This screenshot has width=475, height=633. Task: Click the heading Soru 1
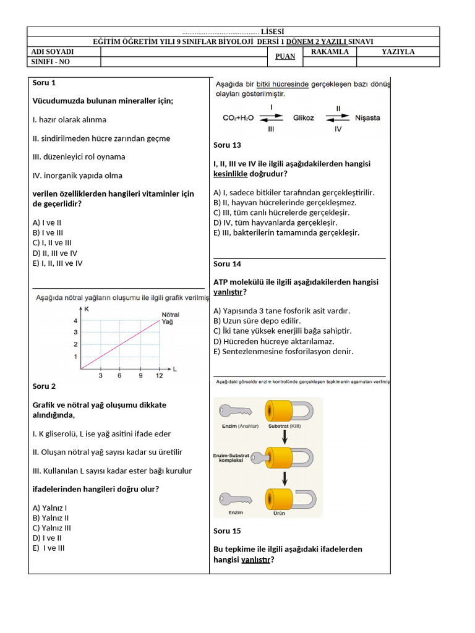(44, 82)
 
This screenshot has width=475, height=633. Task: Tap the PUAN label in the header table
(285, 57)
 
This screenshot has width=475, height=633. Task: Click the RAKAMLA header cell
(330, 52)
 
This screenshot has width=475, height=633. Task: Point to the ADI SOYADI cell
(53, 52)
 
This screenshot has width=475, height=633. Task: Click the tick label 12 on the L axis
(159, 375)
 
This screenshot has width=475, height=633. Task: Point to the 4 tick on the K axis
(75, 321)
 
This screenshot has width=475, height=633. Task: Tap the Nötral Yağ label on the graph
(170, 317)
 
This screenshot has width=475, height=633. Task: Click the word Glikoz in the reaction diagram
(304, 117)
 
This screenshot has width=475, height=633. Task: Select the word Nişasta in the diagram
(367, 117)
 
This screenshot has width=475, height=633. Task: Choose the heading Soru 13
(227, 145)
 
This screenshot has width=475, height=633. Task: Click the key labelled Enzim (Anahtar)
(235, 412)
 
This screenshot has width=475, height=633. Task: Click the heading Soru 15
(227, 531)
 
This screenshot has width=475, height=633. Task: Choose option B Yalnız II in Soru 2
(51, 518)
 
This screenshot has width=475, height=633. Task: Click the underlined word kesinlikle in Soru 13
(230, 174)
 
